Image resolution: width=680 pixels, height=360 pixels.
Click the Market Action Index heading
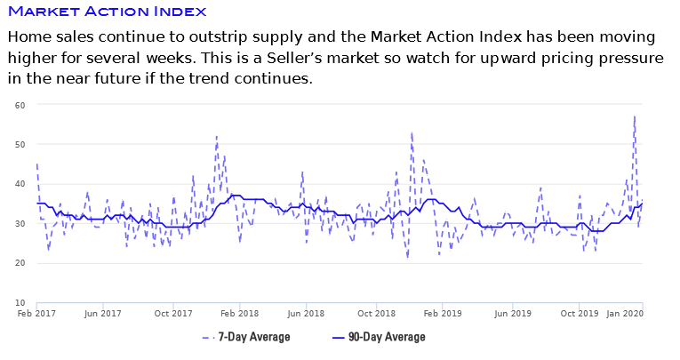[x=107, y=12]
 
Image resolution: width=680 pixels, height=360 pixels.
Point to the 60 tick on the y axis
[x=19, y=105]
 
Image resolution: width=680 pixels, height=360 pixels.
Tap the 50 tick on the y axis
[x=19, y=144]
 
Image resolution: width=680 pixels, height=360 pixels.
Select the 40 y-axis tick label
[x=19, y=184]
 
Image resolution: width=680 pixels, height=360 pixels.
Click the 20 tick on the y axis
[x=19, y=263]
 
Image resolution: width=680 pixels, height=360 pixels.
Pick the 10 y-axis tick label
[x=19, y=303]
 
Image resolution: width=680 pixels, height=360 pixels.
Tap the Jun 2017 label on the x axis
[x=103, y=314]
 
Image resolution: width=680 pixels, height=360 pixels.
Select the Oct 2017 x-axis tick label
[x=173, y=314]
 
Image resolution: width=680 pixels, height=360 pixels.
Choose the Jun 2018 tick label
[x=308, y=314]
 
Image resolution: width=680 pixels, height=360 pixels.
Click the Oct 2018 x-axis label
[x=377, y=314]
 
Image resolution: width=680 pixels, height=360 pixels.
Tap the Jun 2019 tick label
[x=511, y=314]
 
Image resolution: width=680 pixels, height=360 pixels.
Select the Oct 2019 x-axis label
[x=580, y=314]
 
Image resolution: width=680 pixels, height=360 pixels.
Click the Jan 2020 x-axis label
[x=626, y=314]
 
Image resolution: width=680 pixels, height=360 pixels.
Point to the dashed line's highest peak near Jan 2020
[x=635, y=116]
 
